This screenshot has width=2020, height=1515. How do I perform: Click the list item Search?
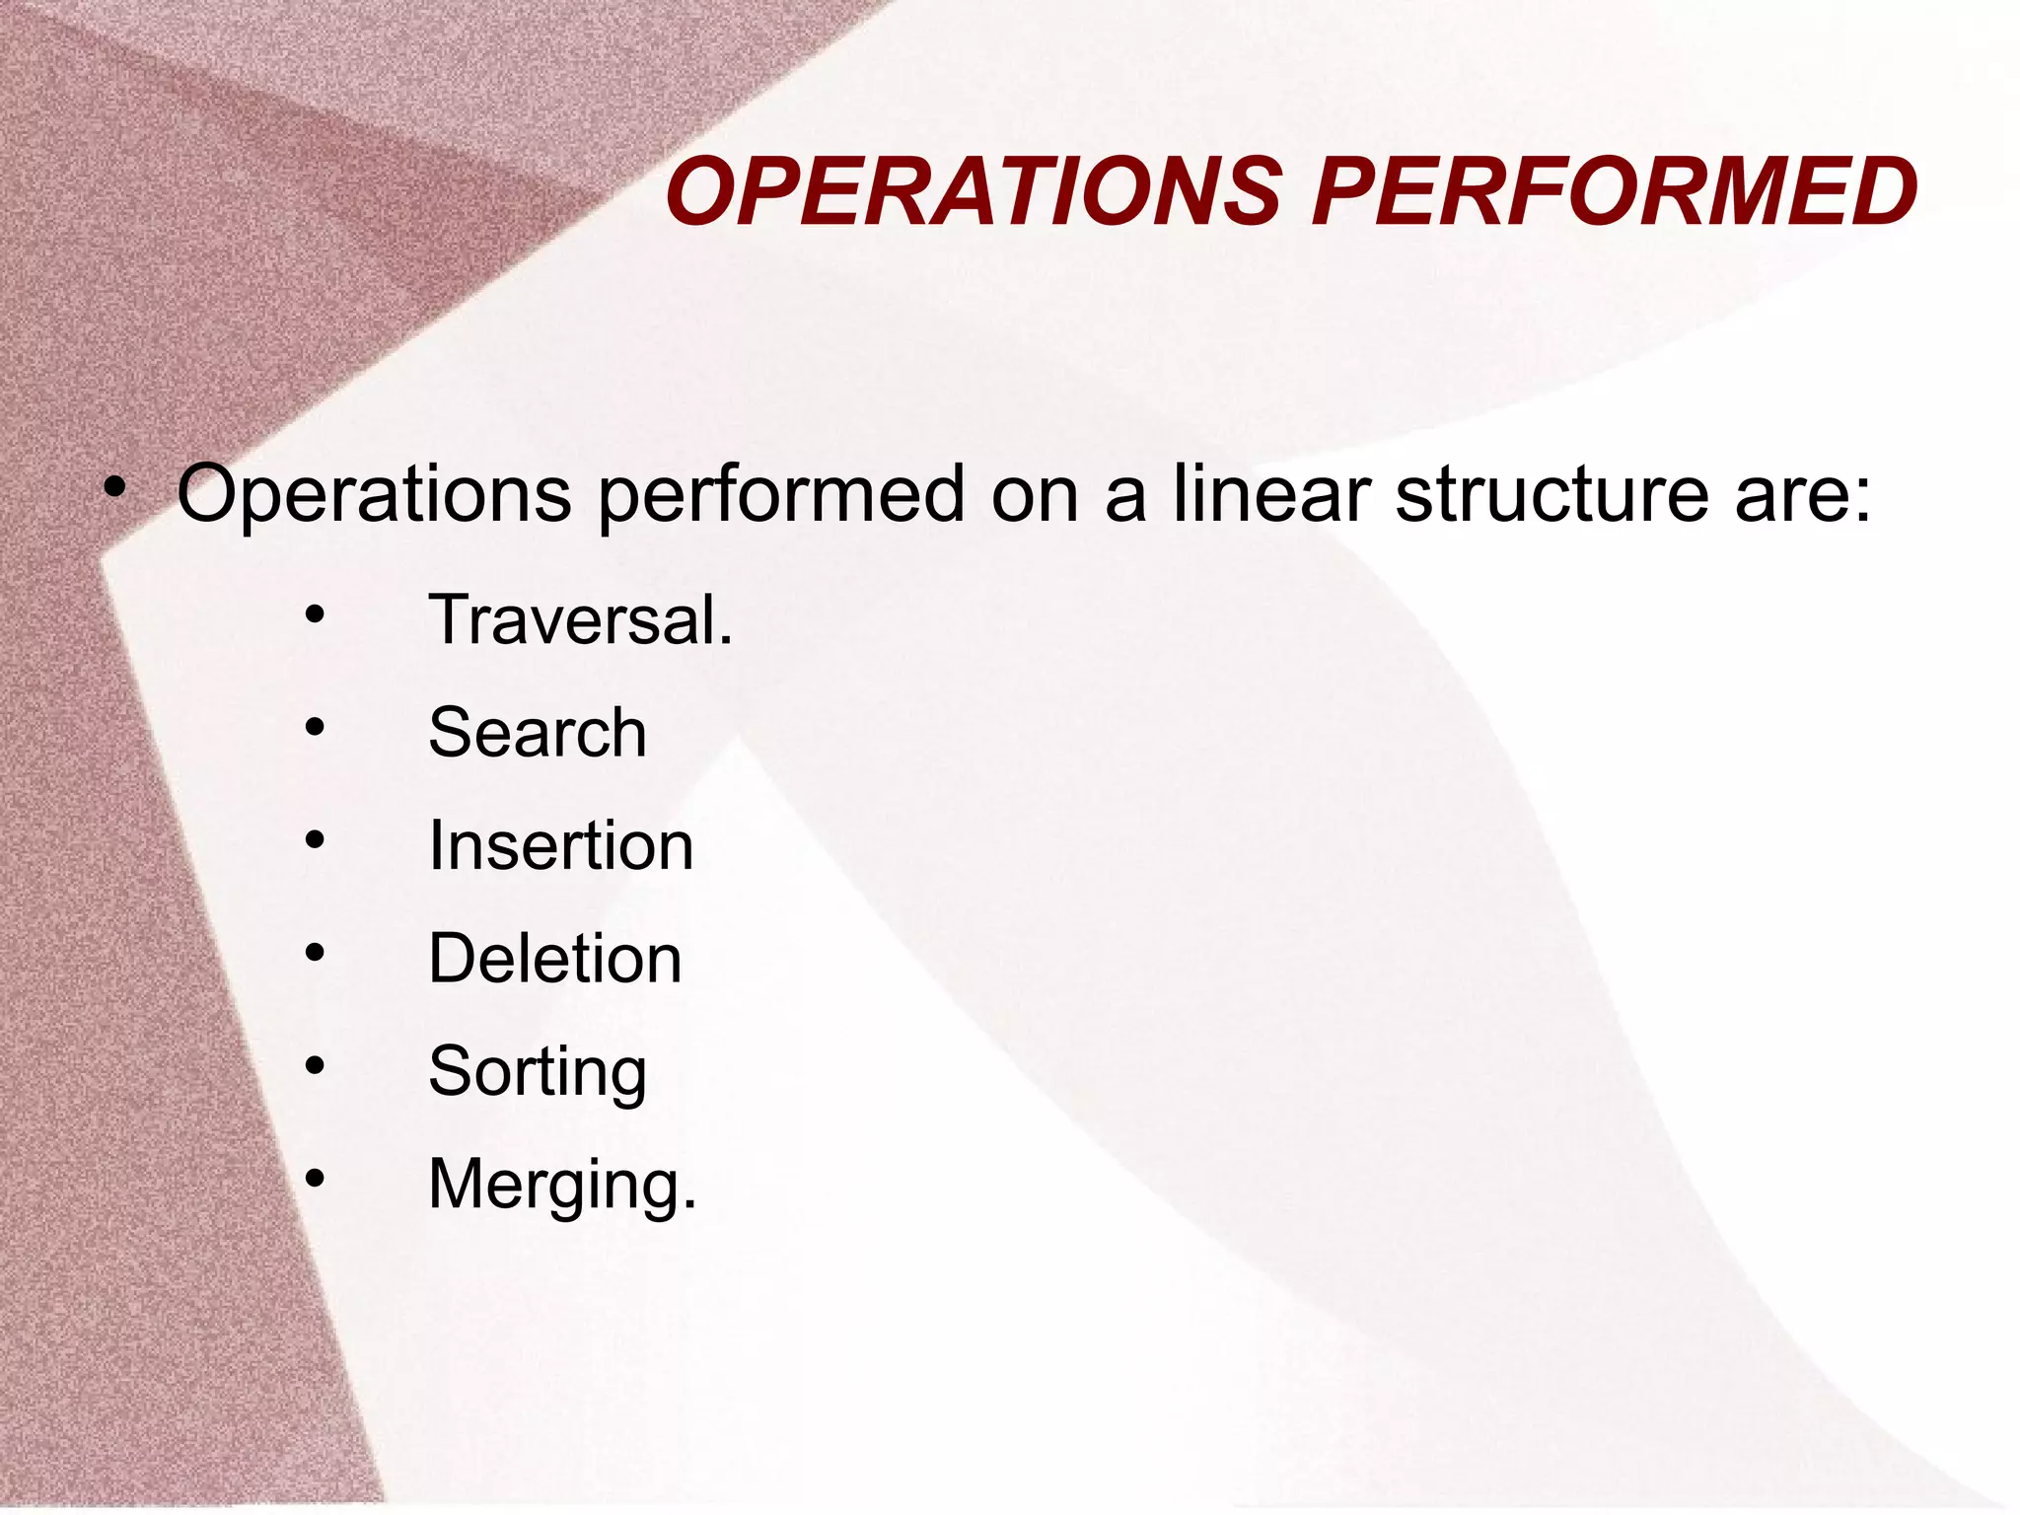coord(538,733)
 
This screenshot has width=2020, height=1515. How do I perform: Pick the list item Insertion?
coord(561,846)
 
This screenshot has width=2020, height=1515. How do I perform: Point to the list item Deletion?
coord(555,959)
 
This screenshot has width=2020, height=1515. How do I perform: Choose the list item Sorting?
coord(538,1072)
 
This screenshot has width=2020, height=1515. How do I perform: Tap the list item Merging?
coord(562,1185)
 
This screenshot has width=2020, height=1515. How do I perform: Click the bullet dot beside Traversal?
coord(315,615)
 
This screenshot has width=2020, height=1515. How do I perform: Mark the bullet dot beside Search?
coord(315,728)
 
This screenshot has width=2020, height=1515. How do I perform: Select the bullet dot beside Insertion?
coord(315,840)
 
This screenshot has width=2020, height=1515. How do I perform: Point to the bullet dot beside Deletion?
coord(315,953)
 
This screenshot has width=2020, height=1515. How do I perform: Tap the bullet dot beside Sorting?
coord(315,1065)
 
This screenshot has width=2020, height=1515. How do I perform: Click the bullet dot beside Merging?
coord(315,1178)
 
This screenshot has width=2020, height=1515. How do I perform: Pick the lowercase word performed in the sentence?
coord(781,496)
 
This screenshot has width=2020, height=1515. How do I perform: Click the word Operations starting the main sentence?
coord(374,496)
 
